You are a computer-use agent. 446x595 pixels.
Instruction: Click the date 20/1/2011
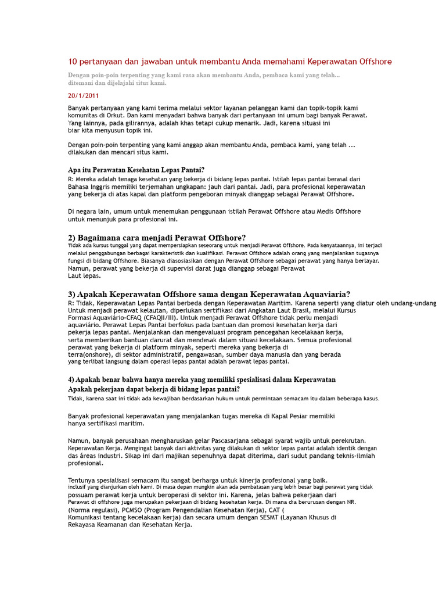click(x=83, y=96)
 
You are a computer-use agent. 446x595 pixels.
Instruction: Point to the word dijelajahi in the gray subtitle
click(x=128, y=83)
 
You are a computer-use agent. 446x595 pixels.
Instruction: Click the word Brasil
click(x=279, y=310)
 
